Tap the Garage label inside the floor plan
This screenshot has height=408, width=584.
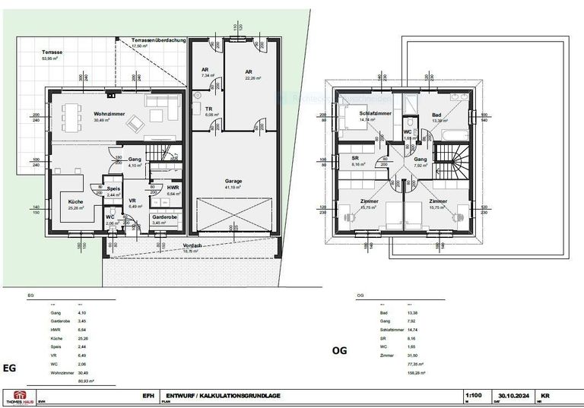click(x=233, y=181)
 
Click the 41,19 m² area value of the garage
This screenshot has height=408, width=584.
click(x=233, y=187)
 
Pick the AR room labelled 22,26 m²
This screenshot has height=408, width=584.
click(x=249, y=72)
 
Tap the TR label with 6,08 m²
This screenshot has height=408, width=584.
click(x=209, y=109)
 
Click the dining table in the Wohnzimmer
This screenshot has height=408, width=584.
click(x=72, y=119)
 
